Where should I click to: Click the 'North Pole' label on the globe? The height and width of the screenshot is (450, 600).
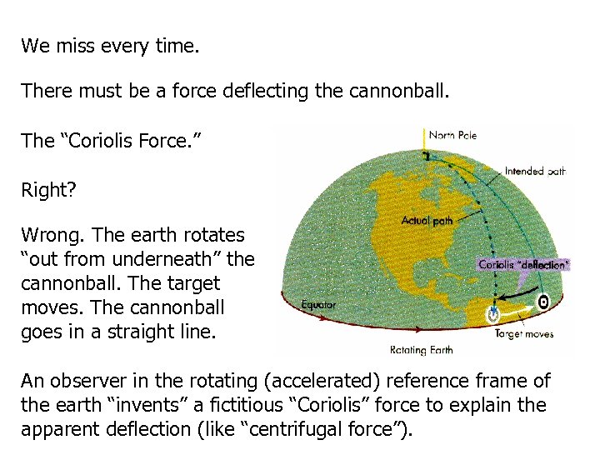(x=452, y=135)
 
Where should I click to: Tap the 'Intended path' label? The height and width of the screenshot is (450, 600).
(x=535, y=172)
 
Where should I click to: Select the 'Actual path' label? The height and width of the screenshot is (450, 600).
(x=427, y=221)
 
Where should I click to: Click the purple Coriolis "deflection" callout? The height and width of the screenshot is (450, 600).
(x=523, y=265)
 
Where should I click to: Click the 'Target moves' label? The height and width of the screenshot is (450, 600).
(x=524, y=333)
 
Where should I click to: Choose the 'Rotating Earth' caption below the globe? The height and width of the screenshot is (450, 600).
(x=421, y=349)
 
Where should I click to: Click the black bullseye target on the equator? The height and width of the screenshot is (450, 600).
(x=543, y=302)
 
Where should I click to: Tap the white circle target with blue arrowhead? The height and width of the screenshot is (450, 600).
(x=494, y=313)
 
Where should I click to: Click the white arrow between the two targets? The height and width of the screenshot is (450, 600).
(x=518, y=309)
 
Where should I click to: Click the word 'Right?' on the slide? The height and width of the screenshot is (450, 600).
(x=48, y=191)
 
